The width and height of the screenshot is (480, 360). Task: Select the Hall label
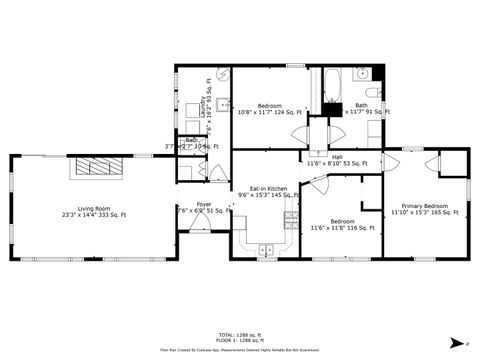337,157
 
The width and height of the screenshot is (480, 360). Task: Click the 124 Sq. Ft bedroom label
270,109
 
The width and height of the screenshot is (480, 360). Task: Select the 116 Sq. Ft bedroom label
342,225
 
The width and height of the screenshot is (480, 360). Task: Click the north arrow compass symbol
457,341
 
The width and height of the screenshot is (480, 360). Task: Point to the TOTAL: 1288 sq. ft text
239,335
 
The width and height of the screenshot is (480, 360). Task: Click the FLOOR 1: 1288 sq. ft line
239,341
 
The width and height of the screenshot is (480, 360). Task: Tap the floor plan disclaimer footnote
239,351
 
